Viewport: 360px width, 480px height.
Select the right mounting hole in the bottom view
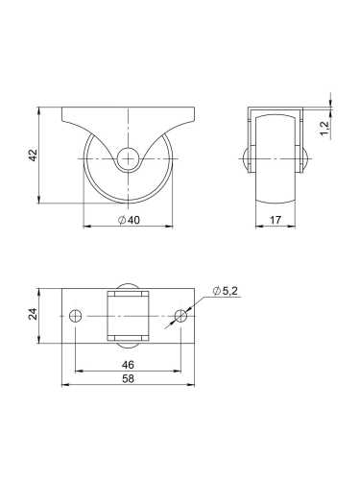181,313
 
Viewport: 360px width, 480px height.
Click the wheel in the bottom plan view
129,313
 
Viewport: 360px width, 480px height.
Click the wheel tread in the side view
276,182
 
